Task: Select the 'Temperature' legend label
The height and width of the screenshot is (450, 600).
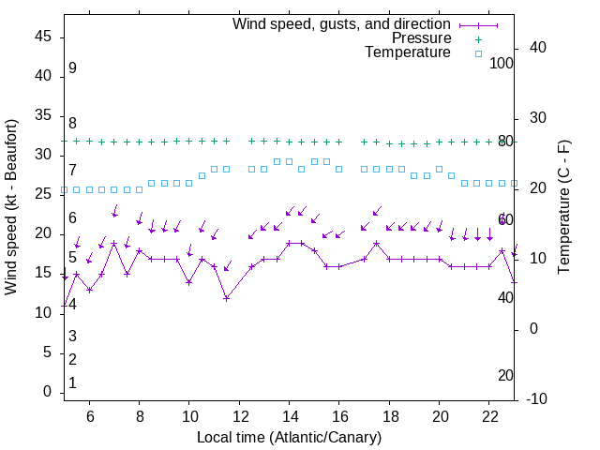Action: [408, 52]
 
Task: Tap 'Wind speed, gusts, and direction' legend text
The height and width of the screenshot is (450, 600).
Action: [342, 24]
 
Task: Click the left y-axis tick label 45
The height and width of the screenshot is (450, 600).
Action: [43, 37]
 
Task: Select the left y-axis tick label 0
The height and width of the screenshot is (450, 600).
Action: [48, 392]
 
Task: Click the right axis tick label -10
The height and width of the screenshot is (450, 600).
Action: [540, 399]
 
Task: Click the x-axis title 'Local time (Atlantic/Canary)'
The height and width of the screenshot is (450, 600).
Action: [289, 437]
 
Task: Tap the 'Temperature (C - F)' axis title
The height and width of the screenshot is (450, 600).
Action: [564, 207]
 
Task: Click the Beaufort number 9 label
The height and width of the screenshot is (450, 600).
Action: [72, 68]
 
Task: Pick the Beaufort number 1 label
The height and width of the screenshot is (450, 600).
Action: [72, 383]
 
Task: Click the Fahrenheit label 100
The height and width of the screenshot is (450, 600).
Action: [502, 64]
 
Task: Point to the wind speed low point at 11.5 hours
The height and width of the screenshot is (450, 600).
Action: [227, 298]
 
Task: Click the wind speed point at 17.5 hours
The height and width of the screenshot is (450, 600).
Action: [376, 243]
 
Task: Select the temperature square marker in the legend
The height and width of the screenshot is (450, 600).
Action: [477, 53]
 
